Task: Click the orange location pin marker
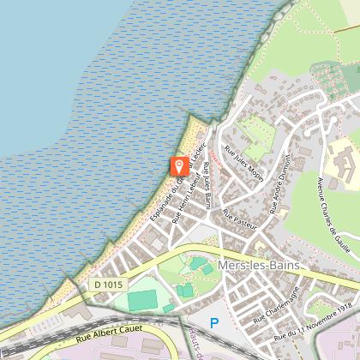pos(179,165)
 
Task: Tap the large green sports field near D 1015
pos(144,300)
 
